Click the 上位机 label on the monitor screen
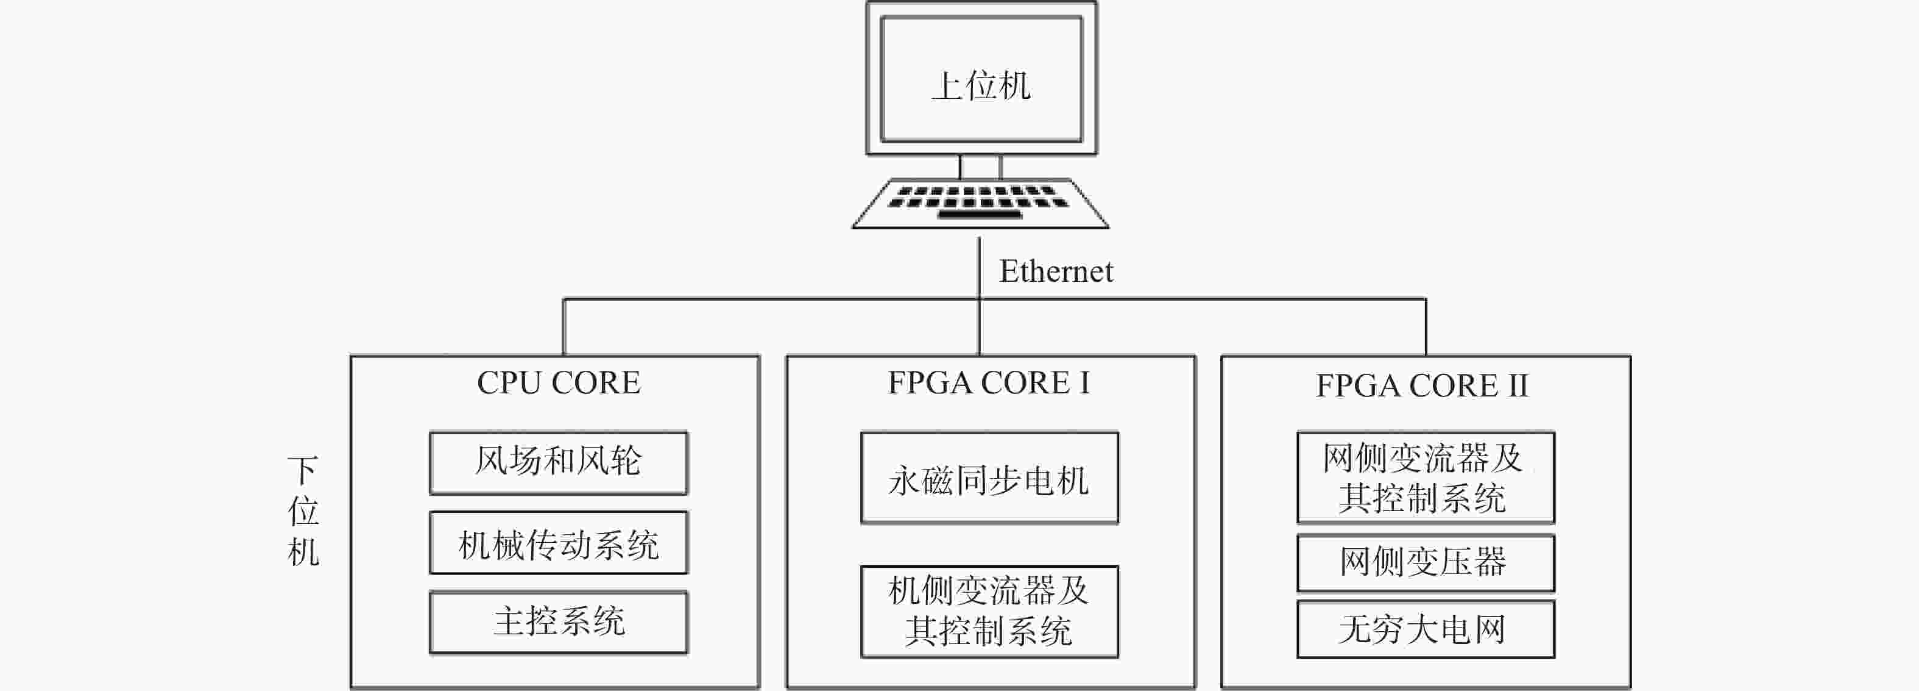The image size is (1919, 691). pos(981,86)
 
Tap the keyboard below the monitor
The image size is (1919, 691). pos(980,202)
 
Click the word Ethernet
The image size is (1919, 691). pos(1056,271)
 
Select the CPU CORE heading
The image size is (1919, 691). pos(558,383)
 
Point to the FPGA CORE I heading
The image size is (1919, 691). pos(989,383)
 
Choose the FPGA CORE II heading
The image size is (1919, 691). pos(1421,386)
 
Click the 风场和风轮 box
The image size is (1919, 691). pos(558,463)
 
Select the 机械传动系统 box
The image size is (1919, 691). pos(558,543)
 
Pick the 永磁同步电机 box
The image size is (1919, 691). pos(989,478)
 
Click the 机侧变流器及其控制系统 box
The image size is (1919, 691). pos(989,612)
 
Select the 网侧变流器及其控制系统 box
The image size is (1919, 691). pos(1426,477)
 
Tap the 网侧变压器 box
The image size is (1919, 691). pos(1426,563)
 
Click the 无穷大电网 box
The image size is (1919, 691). pos(1426,629)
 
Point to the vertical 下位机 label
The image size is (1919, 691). pos(303,511)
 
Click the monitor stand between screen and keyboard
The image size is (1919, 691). pos(980,167)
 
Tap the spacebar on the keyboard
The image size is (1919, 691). pos(980,215)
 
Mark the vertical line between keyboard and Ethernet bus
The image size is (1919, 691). pos(979,268)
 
